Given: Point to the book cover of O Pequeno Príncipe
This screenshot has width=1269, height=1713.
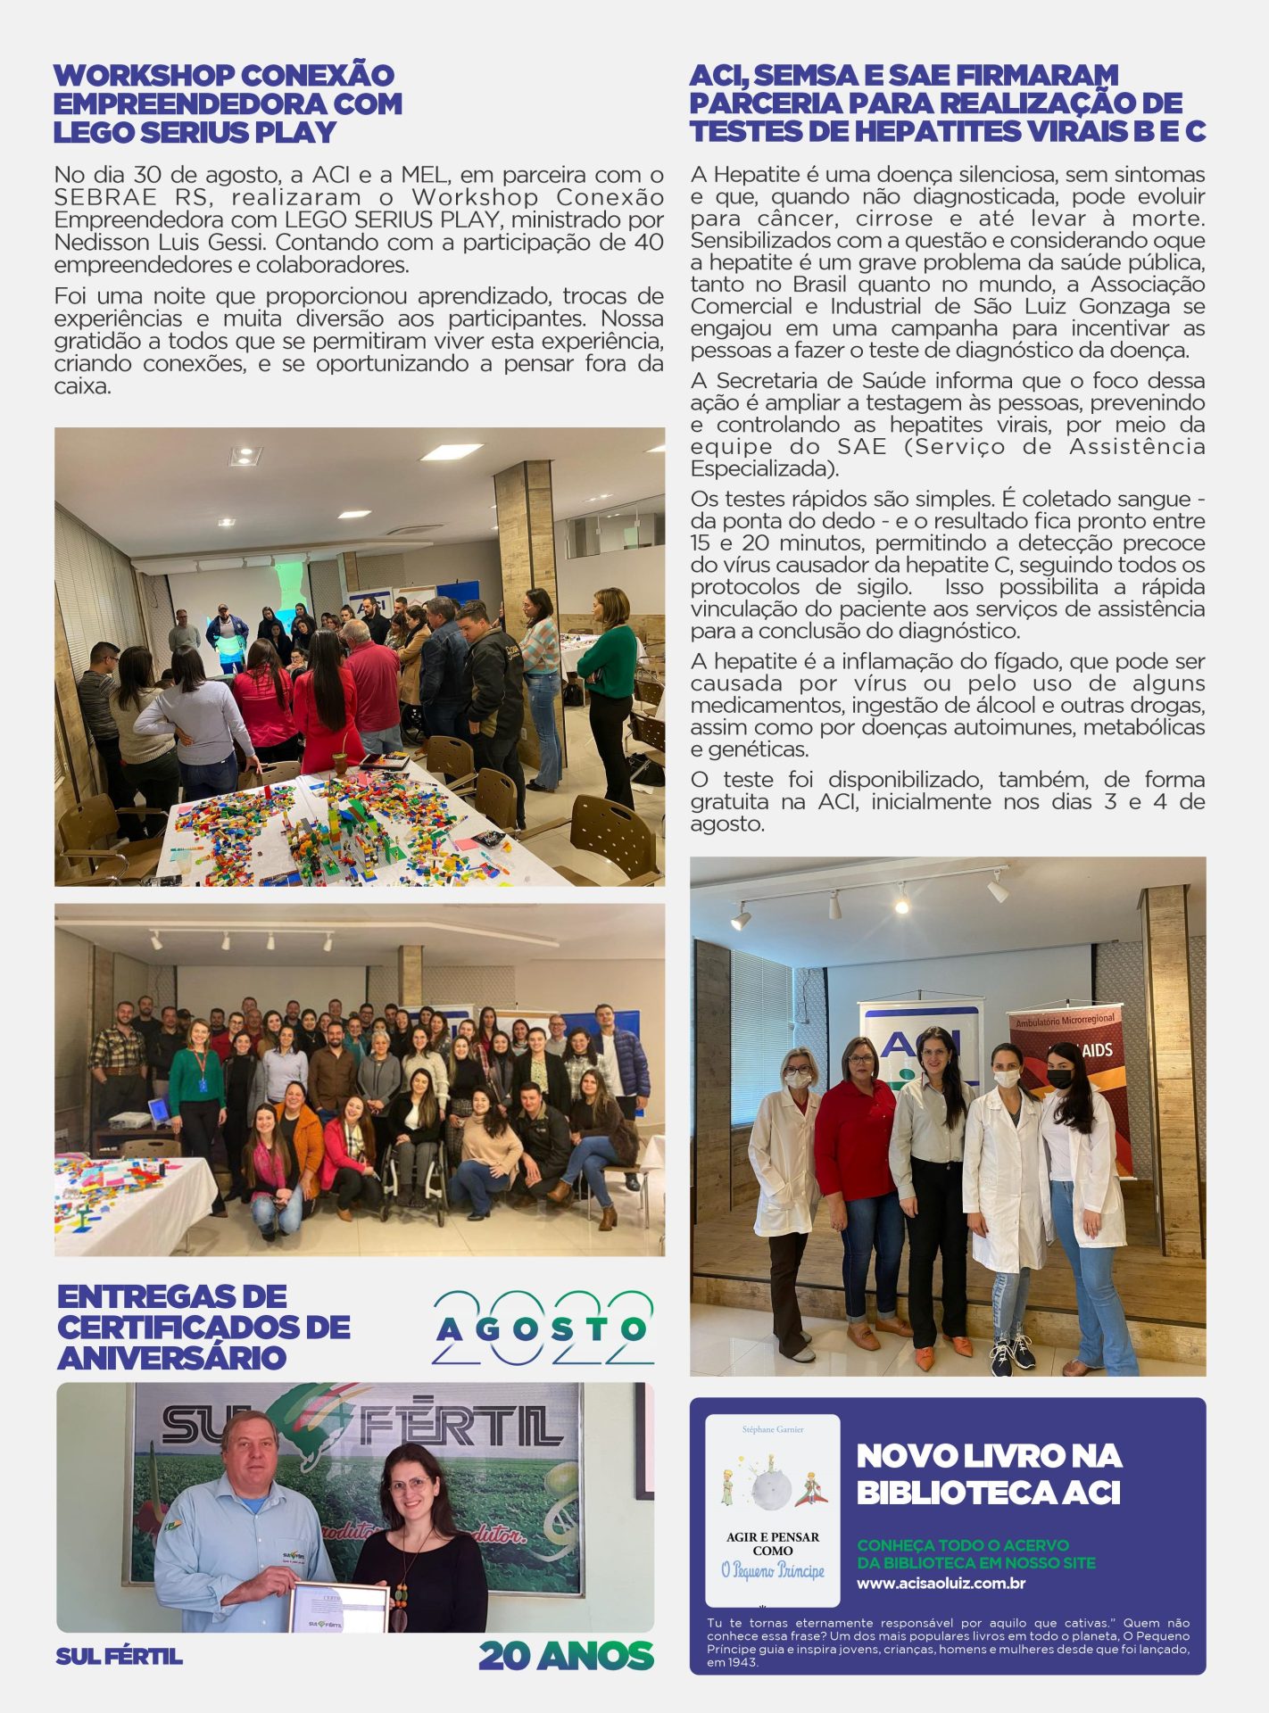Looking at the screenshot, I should pyautogui.click(x=773, y=1511).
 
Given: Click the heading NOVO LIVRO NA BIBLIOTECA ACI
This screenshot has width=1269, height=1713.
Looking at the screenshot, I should pyautogui.click(x=989, y=1474).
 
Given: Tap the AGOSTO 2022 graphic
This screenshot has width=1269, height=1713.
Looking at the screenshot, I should pyautogui.click(x=543, y=1328).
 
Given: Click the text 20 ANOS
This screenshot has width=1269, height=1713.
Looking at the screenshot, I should pyautogui.click(x=566, y=1656).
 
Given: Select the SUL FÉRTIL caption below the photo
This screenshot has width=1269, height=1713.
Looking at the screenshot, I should pyautogui.click(x=119, y=1657).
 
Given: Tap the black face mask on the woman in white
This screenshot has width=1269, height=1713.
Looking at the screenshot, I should pyautogui.click(x=1059, y=1078).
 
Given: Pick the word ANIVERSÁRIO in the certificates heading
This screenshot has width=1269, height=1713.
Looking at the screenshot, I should pyautogui.click(x=171, y=1358).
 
